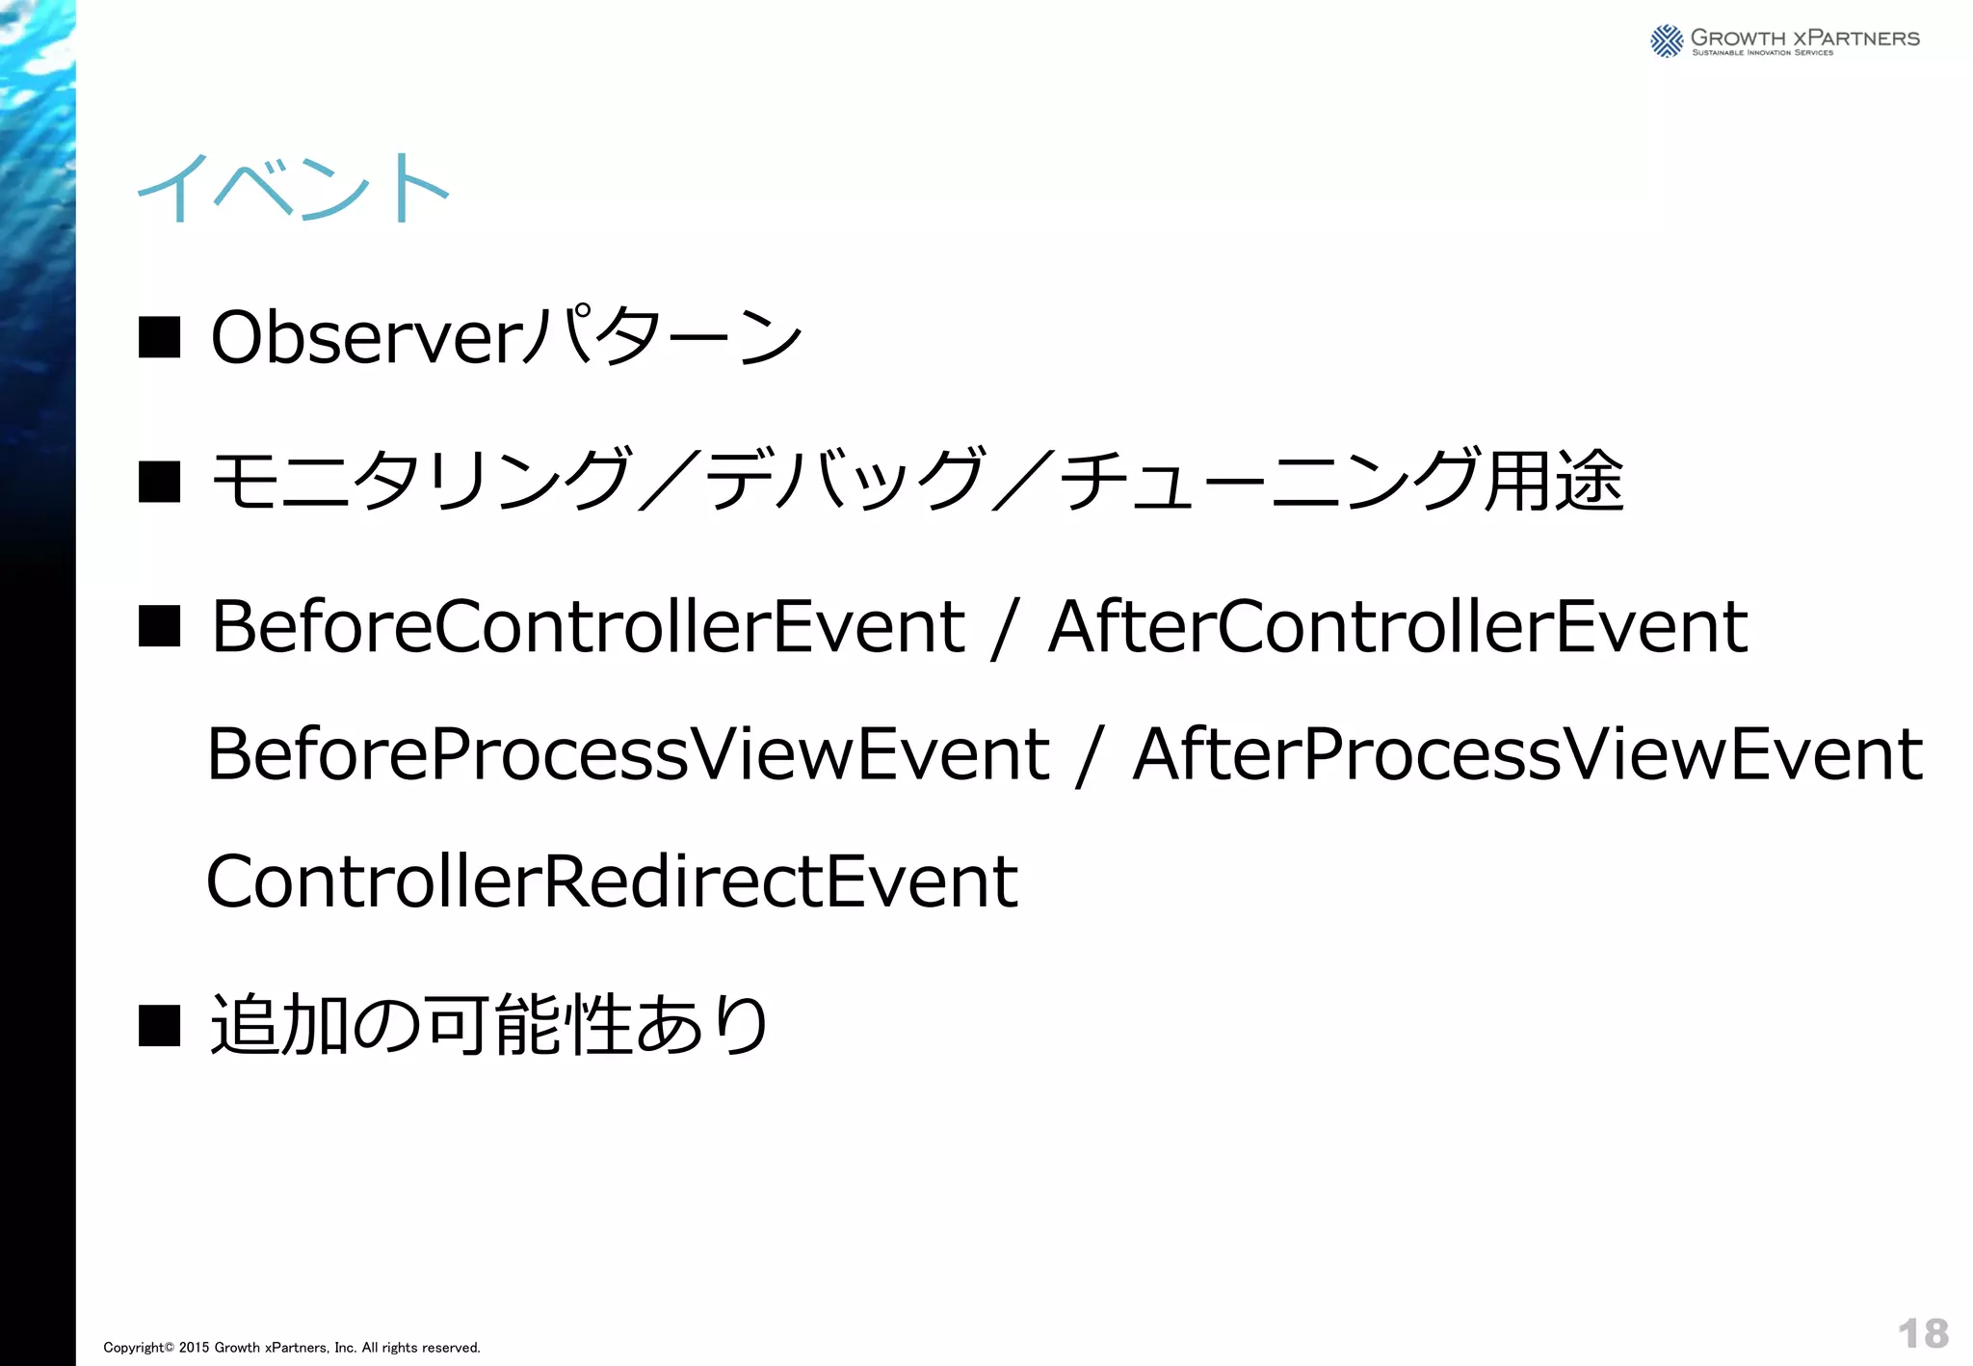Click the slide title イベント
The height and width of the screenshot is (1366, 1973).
tap(293, 189)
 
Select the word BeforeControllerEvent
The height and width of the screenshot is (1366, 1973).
tap(588, 627)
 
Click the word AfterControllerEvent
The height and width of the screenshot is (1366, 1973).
tap(1397, 627)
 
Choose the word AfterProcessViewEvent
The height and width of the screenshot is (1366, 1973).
tap(1528, 754)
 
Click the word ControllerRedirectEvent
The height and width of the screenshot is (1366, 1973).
tap(612, 881)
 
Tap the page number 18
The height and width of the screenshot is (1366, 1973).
tap(1923, 1334)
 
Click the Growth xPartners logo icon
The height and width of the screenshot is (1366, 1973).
tap(1667, 40)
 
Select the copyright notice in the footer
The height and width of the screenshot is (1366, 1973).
tap(292, 1348)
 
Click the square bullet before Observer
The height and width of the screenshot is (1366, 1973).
tap(160, 338)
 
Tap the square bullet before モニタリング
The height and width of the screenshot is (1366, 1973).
tap(160, 482)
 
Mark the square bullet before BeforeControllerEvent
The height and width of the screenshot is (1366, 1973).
tap(160, 626)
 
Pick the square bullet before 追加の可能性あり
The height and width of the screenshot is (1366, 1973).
tap(160, 1025)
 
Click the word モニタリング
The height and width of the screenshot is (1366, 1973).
tap(420, 481)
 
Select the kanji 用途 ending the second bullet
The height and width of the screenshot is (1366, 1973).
tap(1554, 481)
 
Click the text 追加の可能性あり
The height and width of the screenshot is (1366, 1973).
tap(489, 1025)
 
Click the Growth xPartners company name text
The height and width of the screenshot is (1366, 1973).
tap(1804, 39)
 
